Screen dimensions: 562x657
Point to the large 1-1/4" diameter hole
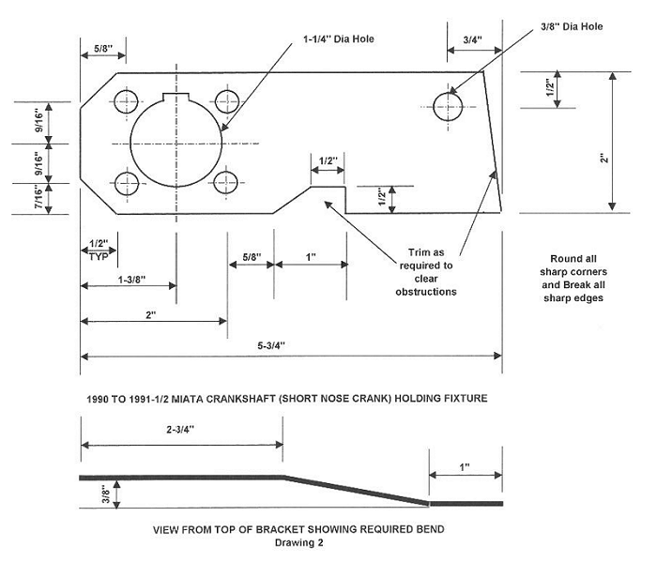pos(175,144)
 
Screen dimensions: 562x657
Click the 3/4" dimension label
pos(473,40)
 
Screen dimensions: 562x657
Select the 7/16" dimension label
pos(38,198)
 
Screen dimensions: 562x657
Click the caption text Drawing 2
pos(298,543)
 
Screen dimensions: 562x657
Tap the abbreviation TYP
pos(98,255)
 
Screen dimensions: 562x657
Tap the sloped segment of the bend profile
pos(356,490)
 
